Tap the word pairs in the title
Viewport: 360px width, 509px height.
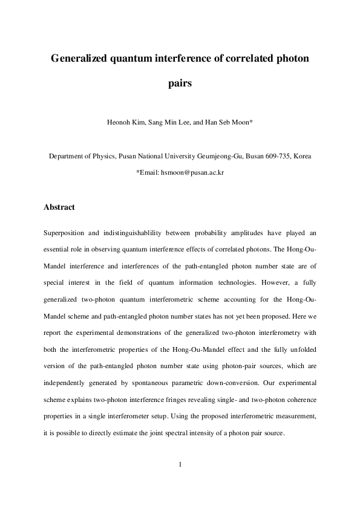(180, 84)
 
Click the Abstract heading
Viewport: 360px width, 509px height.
(59, 207)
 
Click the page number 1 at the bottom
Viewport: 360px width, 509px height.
(180, 465)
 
